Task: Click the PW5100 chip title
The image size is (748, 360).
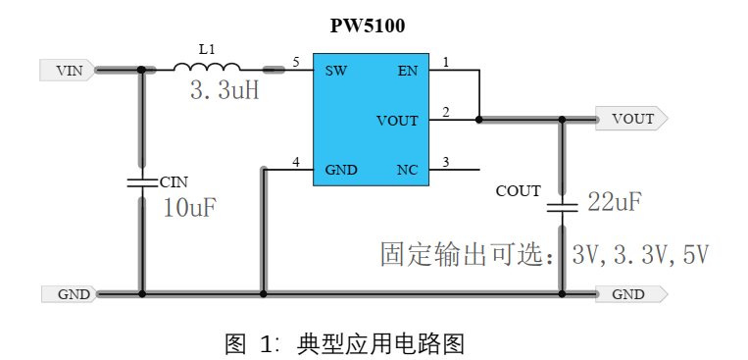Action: [368, 26]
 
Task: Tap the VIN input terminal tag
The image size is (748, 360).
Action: [67, 71]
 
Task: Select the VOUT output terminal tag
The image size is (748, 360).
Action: [631, 120]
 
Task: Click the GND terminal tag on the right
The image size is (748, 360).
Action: [630, 293]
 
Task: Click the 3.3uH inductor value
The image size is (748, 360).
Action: [224, 92]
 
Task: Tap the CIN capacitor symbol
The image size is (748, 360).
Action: [142, 181]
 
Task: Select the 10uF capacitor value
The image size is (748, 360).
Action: [189, 208]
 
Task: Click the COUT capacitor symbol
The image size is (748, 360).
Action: [562, 206]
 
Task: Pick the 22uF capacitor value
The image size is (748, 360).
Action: [615, 203]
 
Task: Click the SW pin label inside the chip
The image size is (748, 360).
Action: [335, 71]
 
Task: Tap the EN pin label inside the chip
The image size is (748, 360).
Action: [407, 71]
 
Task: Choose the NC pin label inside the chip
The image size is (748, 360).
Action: [407, 170]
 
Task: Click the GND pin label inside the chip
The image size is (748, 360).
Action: [341, 170]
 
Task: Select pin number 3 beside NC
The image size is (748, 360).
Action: [446, 162]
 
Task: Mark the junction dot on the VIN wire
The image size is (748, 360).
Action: [142, 70]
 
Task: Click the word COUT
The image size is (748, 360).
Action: [518, 191]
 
